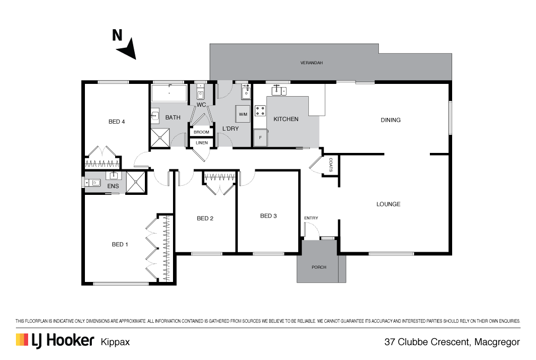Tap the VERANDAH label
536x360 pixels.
[312, 63]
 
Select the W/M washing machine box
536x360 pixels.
[243, 114]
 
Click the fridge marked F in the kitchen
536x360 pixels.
[261, 138]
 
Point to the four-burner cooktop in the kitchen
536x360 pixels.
[260, 111]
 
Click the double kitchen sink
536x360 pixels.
[279, 91]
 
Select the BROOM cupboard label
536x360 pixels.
[201, 132]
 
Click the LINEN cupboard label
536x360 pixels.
[202, 142]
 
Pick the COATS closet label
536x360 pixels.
[331, 165]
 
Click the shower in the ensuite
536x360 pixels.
[136, 182]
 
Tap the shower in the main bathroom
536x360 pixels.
[160, 138]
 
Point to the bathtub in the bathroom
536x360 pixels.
[169, 92]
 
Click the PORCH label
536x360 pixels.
[319, 267]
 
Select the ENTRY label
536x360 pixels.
[311, 218]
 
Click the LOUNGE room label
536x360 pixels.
[388, 204]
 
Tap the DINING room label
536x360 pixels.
[391, 120]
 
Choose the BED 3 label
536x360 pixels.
[269, 216]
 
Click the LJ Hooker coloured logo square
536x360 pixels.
[22, 339]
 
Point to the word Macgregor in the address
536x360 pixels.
[497, 342]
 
